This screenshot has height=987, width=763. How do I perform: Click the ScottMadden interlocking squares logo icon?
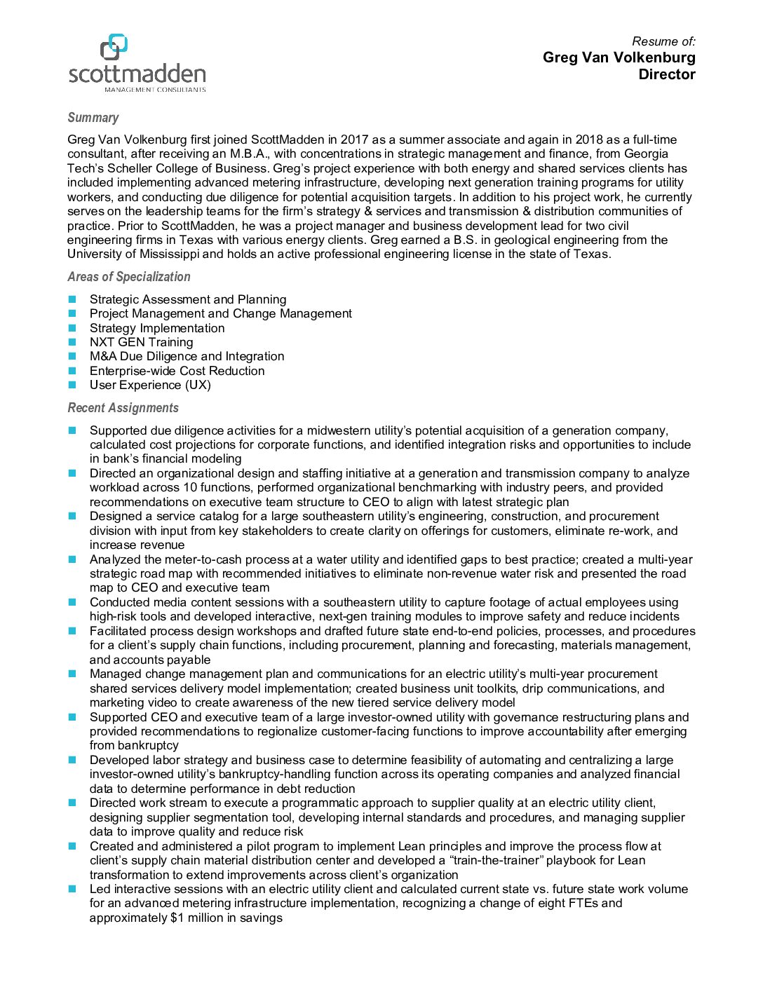coord(114,47)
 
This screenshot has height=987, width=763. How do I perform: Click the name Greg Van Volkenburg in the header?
coord(619,57)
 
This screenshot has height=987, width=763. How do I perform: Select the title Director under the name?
coord(666,74)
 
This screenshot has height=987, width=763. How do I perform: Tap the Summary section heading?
coord(93,118)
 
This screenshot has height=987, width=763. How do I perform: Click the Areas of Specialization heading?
coord(129,277)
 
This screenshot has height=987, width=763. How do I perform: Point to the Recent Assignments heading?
coord(123,408)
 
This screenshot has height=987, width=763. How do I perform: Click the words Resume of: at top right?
coord(663,41)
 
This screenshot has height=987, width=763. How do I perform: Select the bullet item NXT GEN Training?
coord(141,342)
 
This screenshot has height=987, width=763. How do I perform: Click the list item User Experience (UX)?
coord(150,385)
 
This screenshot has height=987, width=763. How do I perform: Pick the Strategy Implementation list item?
coord(157,328)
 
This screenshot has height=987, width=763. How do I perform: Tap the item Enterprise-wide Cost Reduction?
coord(177,371)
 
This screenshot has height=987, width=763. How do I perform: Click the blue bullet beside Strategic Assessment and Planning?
coord(72,299)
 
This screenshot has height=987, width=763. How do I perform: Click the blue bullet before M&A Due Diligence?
coord(72,356)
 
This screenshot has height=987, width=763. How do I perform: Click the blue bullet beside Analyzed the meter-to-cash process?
coord(72,559)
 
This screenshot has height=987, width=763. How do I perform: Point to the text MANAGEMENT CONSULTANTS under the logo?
coord(155,90)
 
